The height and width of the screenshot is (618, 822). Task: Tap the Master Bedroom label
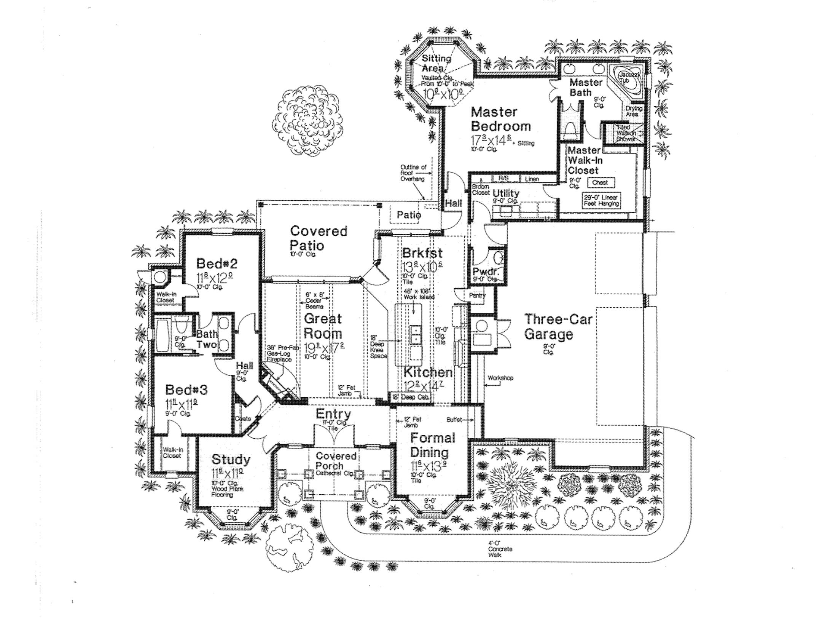tap(500, 119)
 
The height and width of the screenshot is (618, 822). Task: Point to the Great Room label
tap(323, 326)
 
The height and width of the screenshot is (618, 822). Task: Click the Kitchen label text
tap(428, 372)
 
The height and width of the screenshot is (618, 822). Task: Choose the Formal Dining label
tap(432, 445)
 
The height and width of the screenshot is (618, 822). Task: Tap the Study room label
tap(231, 460)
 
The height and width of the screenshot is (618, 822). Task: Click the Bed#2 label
tap(217, 263)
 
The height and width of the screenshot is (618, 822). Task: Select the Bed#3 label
tap(186, 390)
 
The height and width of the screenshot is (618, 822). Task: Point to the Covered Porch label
tap(336, 461)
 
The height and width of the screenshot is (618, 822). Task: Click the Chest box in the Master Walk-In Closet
tap(600, 182)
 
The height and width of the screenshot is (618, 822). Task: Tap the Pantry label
tap(476, 295)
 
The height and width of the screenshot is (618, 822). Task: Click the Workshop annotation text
tap(500, 378)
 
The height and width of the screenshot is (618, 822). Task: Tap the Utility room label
tap(506, 193)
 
